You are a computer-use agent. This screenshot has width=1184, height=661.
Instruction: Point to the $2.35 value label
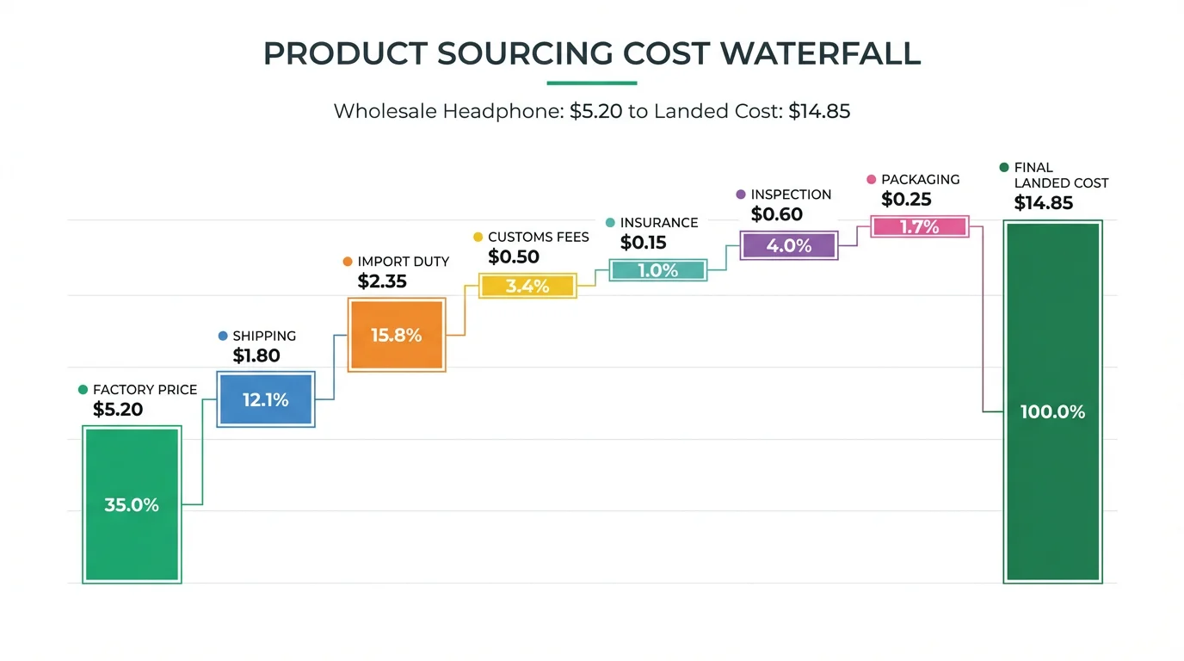(382, 281)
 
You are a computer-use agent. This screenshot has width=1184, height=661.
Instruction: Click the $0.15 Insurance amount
(644, 244)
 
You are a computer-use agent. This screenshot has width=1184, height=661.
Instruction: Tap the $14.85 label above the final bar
(1044, 203)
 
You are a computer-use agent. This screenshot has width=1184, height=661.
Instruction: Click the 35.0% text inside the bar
(132, 505)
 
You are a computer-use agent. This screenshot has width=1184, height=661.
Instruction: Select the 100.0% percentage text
(1052, 412)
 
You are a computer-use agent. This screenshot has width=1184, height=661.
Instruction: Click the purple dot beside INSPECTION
(741, 195)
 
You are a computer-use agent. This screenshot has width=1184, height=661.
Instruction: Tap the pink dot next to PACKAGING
(872, 180)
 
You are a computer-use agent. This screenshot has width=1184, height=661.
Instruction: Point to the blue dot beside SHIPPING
(223, 337)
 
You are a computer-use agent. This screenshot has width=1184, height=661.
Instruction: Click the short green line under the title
(592, 83)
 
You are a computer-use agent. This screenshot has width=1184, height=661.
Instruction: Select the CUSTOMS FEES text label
(538, 237)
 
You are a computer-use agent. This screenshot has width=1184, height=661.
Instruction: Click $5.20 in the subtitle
(596, 112)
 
